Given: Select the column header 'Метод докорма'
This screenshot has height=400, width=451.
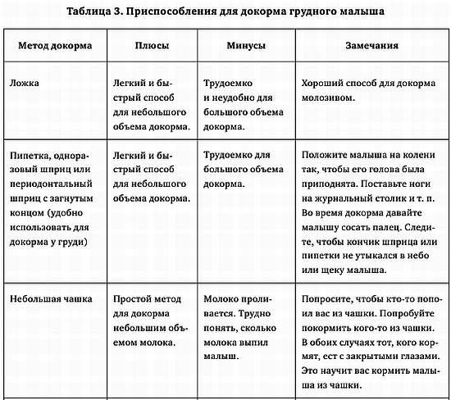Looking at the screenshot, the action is (55, 45).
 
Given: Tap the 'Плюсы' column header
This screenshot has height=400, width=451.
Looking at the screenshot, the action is (154, 45).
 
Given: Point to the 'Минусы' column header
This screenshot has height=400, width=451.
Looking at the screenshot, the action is (245, 45).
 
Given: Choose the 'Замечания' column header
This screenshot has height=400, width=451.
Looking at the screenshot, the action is (371, 45).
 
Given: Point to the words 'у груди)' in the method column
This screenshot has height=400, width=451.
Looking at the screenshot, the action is (69, 243).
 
